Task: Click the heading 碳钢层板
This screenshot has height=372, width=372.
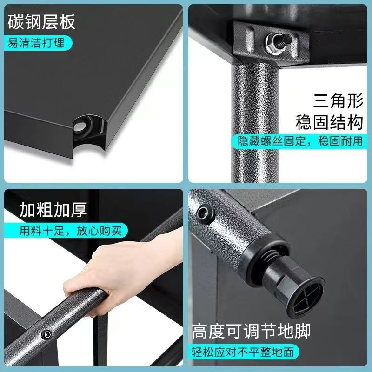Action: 41,21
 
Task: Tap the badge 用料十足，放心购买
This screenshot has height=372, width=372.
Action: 70,231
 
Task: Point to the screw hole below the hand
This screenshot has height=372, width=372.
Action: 46,334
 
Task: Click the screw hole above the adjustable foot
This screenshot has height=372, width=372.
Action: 205,213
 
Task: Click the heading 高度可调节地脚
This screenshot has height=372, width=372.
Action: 251,332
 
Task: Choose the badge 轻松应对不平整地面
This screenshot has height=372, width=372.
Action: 244,352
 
